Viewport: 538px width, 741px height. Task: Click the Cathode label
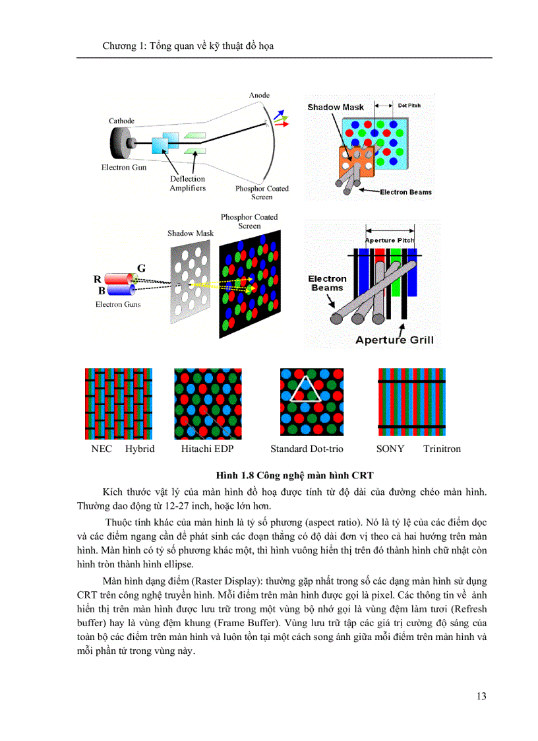[121, 121]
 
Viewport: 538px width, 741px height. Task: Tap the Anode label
[259, 96]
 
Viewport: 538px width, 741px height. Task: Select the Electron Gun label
[123, 168]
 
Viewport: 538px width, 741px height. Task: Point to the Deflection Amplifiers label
[188, 183]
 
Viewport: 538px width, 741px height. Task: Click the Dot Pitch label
[409, 105]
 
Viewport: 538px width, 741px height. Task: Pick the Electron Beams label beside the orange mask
[405, 192]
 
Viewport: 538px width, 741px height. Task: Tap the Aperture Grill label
[394, 340]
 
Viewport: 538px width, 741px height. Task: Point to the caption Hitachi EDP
[208, 449]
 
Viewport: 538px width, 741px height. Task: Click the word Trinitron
[442, 449]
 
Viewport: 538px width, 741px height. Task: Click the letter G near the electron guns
[141, 268]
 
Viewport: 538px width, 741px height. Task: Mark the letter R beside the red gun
[97, 279]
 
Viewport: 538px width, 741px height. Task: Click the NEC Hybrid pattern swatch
[119, 404]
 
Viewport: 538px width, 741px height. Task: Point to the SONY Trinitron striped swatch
[411, 404]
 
